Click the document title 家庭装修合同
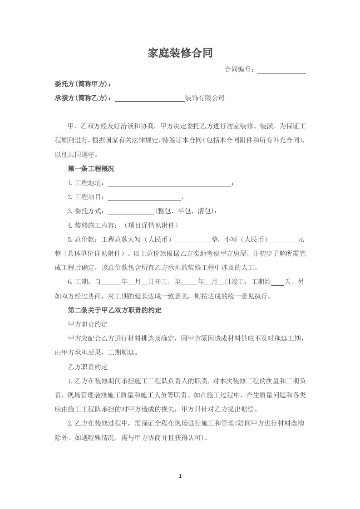pos(180,53)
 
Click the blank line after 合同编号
pos(281,70)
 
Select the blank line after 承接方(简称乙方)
pos(149,98)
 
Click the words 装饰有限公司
pos(205,98)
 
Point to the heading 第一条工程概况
pos(91,169)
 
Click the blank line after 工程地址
pos(169,184)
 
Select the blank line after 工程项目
pos(144,197)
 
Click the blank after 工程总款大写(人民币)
pos(192,239)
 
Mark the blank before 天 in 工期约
pos(277,282)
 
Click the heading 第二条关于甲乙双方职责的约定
pos(114,311)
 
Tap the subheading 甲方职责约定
pos(87,324)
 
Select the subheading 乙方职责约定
pos(87,367)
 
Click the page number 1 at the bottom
pos(180,476)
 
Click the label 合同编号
pos(239,70)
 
